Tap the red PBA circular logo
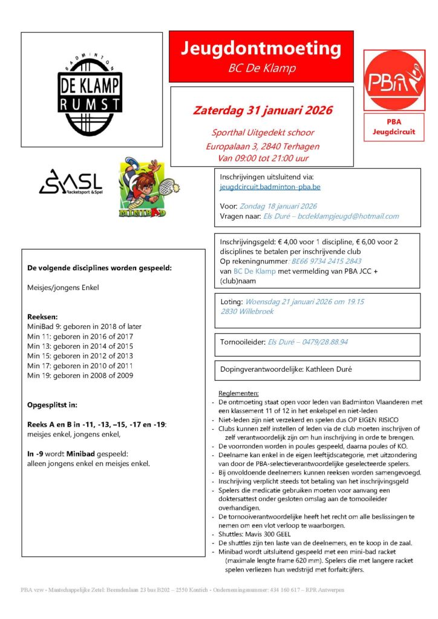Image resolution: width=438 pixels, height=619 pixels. (x=394, y=80)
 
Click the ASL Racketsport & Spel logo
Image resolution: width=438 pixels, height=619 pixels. (x=70, y=182)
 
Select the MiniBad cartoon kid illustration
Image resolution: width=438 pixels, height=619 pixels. (x=143, y=188)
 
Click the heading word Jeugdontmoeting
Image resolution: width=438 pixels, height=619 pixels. (x=261, y=48)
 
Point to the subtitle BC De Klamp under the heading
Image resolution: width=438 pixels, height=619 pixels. (x=261, y=68)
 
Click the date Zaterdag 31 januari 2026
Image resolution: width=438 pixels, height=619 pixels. (x=262, y=111)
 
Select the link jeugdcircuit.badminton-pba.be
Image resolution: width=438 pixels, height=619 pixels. (x=270, y=187)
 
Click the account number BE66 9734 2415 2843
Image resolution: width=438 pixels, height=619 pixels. (x=327, y=261)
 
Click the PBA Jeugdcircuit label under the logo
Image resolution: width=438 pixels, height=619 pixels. (x=393, y=126)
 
